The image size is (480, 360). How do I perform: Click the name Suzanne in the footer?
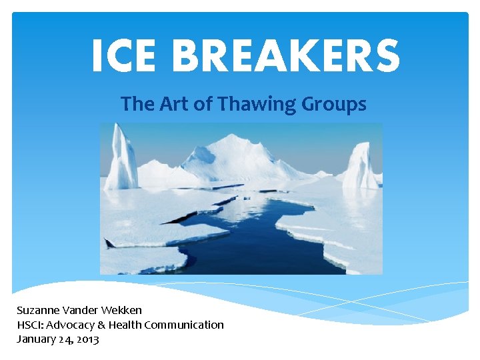click(x=37, y=310)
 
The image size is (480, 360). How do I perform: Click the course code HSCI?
click(x=30, y=325)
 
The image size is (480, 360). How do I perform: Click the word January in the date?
click(x=34, y=339)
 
